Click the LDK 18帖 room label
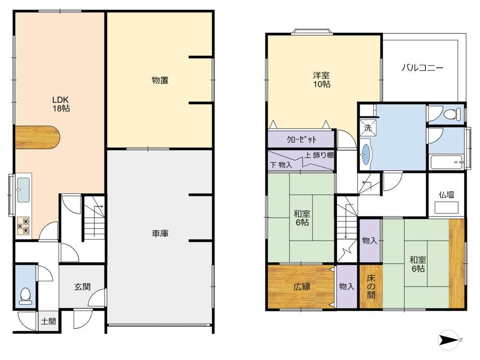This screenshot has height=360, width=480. click(x=60, y=104)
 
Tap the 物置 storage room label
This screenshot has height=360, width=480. click(x=160, y=81)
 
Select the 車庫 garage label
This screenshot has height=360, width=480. click(x=160, y=234)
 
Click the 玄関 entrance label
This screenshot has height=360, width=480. click(x=83, y=287)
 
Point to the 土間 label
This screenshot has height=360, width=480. click(x=48, y=322)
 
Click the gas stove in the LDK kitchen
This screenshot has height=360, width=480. click(x=24, y=225)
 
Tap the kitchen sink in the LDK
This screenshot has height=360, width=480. click(x=23, y=190)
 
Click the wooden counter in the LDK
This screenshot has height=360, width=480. click(x=37, y=137)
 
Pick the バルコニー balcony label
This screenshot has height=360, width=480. click(x=422, y=68)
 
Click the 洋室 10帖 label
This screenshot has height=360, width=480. click(x=322, y=80)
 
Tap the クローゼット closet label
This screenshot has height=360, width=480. click(x=301, y=140)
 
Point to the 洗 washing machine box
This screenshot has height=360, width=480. click(x=368, y=128)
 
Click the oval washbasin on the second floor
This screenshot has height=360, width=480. click(x=365, y=154)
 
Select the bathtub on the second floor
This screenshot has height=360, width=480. click(x=447, y=162)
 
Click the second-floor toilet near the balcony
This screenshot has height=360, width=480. click(x=452, y=115)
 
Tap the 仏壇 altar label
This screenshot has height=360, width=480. click(x=446, y=195)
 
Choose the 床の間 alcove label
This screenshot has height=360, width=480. click(x=371, y=287)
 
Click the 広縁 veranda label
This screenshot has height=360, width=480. click(x=302, y=287)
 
